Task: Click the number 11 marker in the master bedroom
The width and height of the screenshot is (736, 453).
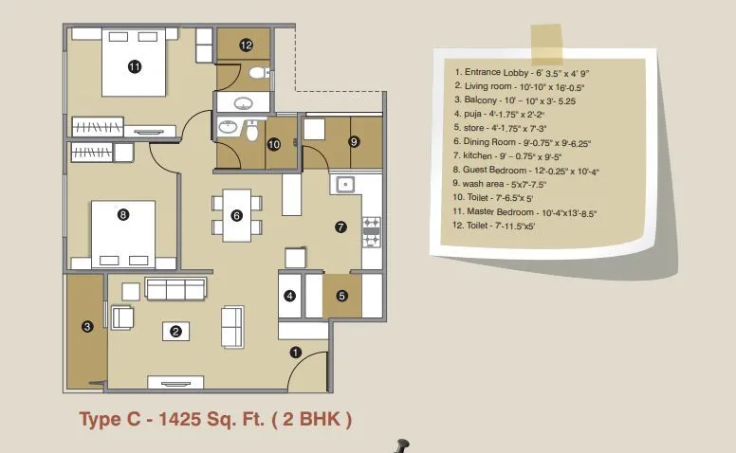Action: (135, 66)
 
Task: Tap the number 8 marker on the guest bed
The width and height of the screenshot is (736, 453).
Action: (123, 215)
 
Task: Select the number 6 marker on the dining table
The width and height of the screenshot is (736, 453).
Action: (236, 215)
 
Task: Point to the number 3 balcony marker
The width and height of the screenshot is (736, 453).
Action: (87, 326)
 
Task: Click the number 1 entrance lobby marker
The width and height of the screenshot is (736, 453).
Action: (295, 352)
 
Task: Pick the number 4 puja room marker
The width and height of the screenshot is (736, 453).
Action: (290, 296)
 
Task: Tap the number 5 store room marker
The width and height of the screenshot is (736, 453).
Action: (341, 296)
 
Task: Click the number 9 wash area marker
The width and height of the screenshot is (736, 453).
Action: (355, 141)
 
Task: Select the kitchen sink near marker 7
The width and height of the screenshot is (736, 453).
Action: (345, 185)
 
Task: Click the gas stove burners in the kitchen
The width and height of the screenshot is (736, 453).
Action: (371, 232)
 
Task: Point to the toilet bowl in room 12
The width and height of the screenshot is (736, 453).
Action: (257, 73)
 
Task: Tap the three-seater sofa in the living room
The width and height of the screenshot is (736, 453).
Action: (175, 288)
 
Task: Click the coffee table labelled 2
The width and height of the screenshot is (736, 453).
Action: (176, 331)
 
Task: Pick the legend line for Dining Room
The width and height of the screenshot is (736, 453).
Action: (522, 142)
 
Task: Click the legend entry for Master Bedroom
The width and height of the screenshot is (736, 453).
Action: (524, 212)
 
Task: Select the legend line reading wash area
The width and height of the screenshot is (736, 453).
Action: (500, 184)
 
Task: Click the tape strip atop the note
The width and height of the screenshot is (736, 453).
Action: (547, 45)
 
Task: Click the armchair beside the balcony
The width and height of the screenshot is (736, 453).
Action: (122, 317)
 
